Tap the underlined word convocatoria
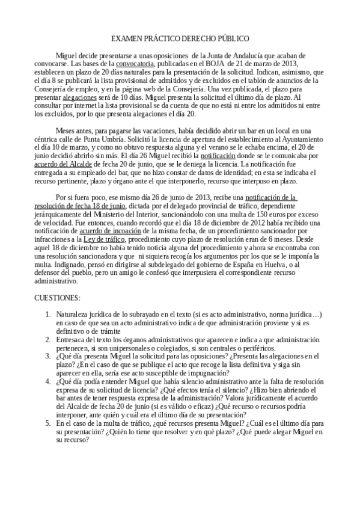tap(137, 63)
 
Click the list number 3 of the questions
tap(49, 356)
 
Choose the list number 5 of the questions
tap(49, 423)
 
